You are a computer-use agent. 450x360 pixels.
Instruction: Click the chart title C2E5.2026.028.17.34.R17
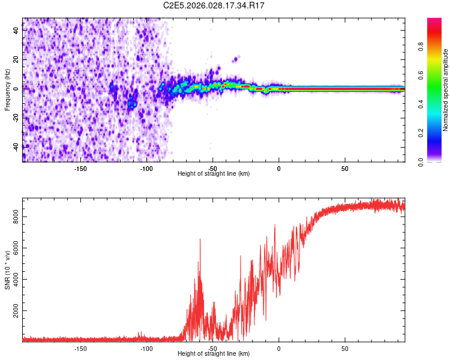214,5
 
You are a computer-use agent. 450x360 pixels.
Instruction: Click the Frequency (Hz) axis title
7,90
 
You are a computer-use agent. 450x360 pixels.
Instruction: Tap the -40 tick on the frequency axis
16,146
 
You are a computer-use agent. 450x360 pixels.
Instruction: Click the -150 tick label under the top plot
80,169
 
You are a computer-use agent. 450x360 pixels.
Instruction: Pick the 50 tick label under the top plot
344,169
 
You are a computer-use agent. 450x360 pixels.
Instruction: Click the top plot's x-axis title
214,174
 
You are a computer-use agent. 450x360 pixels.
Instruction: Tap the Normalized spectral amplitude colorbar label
446,90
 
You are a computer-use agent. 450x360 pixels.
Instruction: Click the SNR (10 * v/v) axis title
7,270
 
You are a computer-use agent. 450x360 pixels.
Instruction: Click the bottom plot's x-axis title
214,354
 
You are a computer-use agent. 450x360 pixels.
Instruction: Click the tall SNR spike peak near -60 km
200,239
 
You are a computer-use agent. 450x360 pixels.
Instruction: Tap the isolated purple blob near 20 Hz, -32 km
236,58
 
